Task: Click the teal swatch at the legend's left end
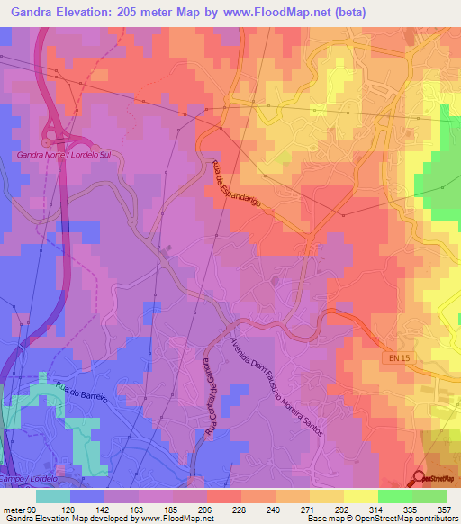coord(53,496)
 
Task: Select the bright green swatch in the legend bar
coord(394,496)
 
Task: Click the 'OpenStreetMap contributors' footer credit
coord(410,519)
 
